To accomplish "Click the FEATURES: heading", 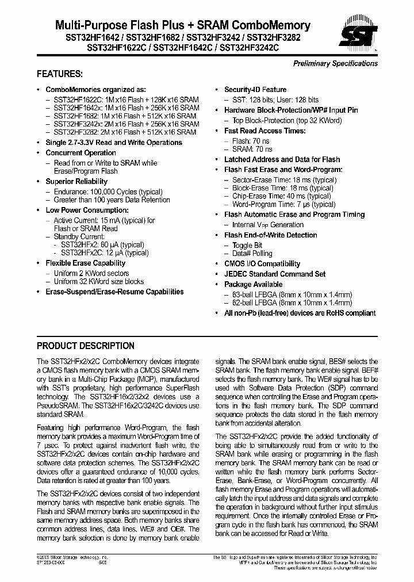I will [59, 74].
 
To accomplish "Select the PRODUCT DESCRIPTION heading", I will [86, 346].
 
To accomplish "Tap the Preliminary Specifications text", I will [335, 63].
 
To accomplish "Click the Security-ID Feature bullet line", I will [255, 90].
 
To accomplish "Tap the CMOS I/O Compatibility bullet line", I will [262, 264].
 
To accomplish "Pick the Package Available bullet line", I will [253, 285].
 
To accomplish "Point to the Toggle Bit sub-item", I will [247, 246].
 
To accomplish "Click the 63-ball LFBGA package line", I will [292, 294].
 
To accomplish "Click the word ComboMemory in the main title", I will [272, 25].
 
